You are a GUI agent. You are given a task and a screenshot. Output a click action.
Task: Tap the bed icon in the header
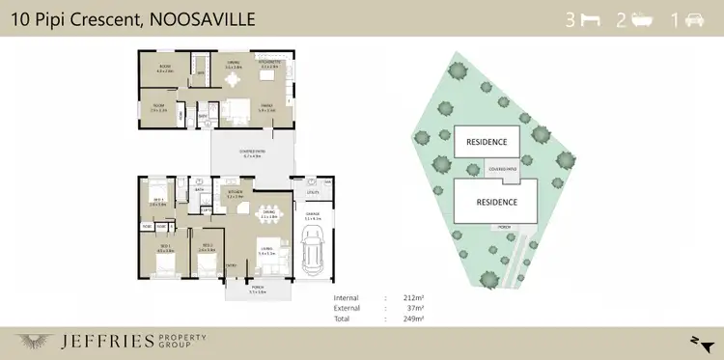586,20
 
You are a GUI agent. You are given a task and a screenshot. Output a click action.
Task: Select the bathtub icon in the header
640,20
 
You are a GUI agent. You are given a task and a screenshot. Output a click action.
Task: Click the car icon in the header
693,20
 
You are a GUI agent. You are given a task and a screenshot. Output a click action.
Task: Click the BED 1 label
164,247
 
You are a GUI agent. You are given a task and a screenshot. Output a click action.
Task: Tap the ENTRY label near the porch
232,263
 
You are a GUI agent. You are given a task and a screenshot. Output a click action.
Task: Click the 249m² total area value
413,318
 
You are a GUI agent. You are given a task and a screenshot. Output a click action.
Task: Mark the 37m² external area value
416,308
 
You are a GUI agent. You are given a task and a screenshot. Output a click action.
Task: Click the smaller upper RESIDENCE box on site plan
487,141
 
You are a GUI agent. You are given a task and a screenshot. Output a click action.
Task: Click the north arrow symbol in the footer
696,340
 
